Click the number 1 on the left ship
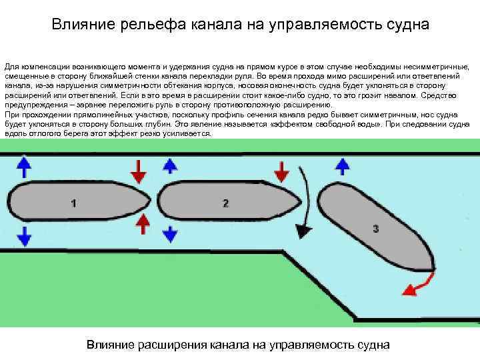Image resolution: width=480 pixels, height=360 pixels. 73,203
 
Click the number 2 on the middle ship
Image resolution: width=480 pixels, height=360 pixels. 226,203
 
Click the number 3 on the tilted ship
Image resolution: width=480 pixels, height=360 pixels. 376,229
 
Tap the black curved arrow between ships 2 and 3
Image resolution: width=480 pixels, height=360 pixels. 306,200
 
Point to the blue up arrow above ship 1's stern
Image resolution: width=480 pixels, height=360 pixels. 23,167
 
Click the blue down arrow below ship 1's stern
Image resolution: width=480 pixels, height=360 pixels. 23,235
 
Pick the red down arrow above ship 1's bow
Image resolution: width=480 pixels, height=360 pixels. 138,171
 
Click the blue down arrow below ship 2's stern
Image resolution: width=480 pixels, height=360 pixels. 170,233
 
